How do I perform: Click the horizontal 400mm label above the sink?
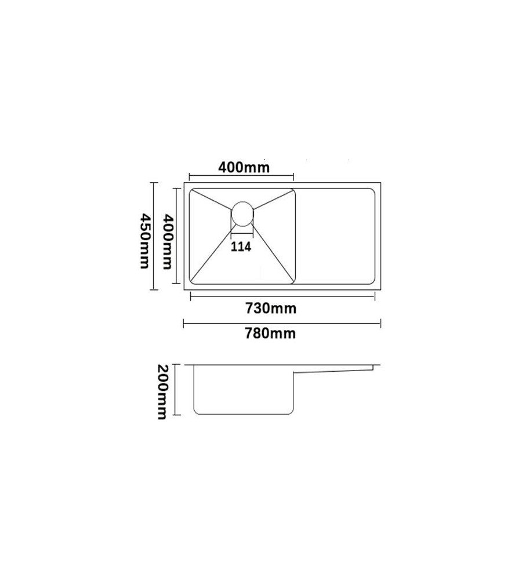pos(244,167)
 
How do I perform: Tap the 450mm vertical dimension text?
pos(144,241)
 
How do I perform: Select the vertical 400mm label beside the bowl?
pos(168,241)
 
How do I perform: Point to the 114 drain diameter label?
pos(241,246)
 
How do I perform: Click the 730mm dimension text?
pos(271,308)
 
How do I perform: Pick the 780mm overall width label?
pos(270,333)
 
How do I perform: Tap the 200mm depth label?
pos(163,392)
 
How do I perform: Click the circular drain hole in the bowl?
pos(242,213)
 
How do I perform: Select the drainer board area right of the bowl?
pos(336,237)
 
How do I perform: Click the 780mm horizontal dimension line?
pos(282,324)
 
